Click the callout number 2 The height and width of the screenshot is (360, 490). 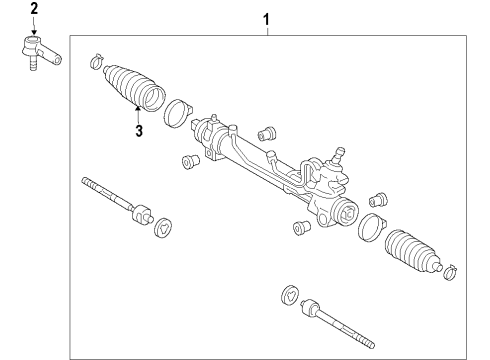click(33, 9)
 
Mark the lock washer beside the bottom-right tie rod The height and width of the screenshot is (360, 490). click(290, 294)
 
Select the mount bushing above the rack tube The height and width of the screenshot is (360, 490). click(266, 132)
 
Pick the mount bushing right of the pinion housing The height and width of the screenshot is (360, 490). click(378, 199)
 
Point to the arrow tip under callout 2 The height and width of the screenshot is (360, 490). click(33, 34)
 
